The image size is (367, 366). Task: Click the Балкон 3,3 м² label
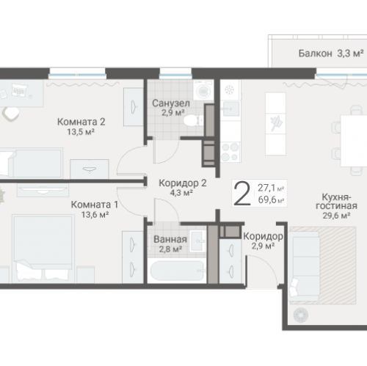tap(331, 54)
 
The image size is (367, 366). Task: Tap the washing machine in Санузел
tap(203, 90)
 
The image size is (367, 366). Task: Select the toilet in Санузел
tap(193, 120)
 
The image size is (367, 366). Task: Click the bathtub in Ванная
tap(177, 271)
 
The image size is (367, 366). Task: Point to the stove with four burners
tap(230, 152)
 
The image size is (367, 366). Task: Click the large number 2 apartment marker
tap(241, 194)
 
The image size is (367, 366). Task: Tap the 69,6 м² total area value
tap(271, 200)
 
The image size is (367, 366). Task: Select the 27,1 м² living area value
tap(271, 188)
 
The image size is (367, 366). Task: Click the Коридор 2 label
tap(183, 183)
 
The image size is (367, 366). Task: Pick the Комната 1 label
tap(95, 205)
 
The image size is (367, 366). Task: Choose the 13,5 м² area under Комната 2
tap(81, 132)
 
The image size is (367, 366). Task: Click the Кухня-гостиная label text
tap(336, 202)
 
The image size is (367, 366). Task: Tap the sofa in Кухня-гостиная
tap(304, 266)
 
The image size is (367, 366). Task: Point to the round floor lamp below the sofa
tap(301, 315)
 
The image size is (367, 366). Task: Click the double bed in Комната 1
tap(43, 249)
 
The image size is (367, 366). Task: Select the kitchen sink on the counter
tap(230, 109)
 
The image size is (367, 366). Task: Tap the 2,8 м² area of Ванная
tap(170, 249)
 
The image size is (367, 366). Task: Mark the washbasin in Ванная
tap(198, 241)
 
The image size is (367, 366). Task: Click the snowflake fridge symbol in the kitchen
tap(230, 90)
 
